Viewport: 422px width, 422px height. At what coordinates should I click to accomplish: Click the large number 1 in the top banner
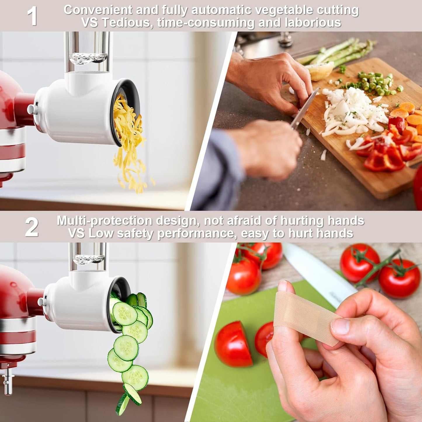32,16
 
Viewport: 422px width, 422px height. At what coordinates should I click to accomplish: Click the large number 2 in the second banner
32,227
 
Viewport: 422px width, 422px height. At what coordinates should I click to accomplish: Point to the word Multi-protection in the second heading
104,221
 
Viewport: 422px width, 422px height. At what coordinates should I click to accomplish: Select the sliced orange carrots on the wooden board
407,117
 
